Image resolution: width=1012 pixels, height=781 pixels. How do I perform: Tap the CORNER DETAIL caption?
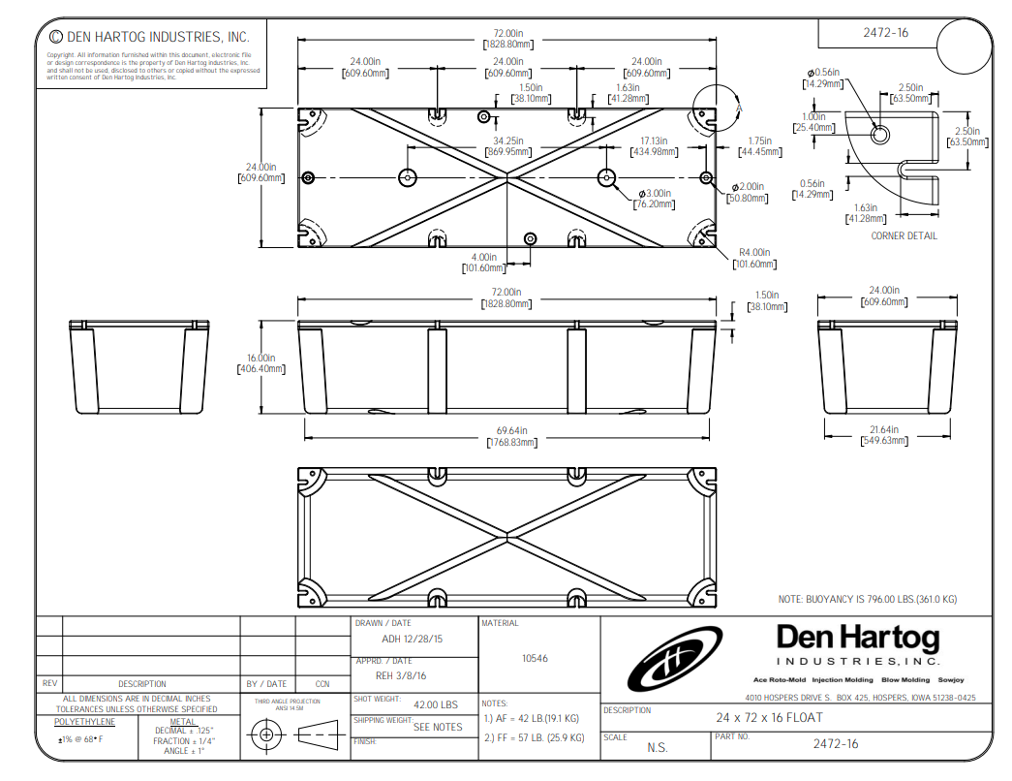click(x=904, y=235)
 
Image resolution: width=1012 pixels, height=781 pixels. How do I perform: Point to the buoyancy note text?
click(x=868, y=599)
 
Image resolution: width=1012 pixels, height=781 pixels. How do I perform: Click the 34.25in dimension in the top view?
click(x=508, y=146)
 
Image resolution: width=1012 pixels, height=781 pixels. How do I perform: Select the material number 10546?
click(x=535, y=658)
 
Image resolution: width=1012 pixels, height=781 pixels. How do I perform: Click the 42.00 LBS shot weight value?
click(x=436, y=704)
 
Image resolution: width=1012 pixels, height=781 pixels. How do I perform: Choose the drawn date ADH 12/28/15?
click(x=414, y=639)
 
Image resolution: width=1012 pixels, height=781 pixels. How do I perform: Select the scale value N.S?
click(x=658, y=747)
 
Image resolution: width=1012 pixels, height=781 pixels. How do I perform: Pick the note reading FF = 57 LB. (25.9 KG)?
click(x=534, y=737)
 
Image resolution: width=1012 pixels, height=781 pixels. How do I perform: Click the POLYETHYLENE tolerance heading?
click(x=84, y=722)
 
